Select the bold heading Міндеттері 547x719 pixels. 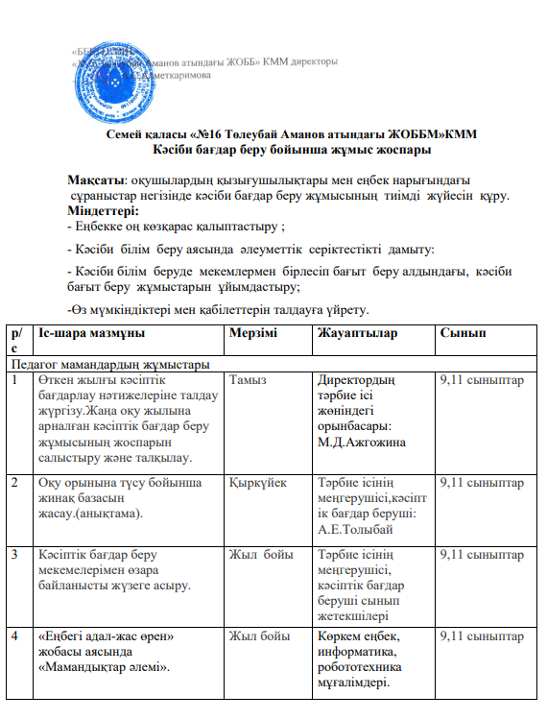[103, 209]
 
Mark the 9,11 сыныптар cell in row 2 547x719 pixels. [480, 483]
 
